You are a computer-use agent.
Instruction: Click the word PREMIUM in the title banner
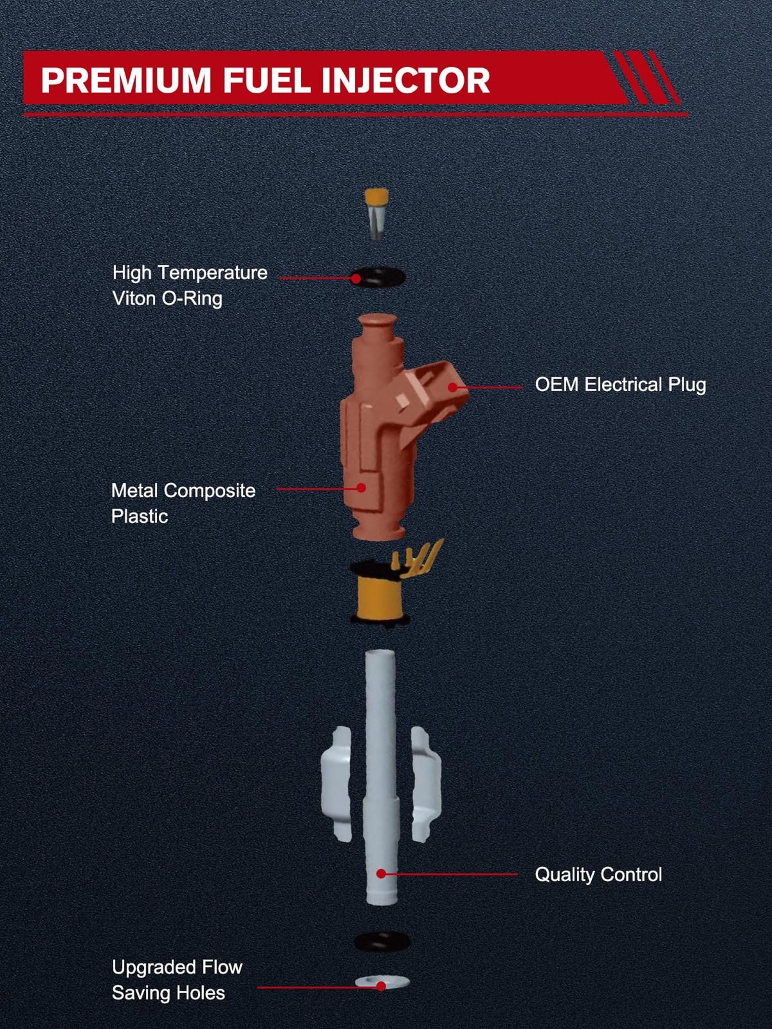point(126,80)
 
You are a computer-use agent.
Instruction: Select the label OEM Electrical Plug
point(620,385)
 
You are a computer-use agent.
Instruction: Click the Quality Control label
point(598,874)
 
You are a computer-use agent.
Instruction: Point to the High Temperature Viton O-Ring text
point(190,286)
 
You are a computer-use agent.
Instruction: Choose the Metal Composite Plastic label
point(183,504)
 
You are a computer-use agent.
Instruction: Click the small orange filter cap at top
point(376,214)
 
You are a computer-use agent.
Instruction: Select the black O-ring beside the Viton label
point(378,277)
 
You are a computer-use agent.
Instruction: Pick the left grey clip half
point(336,783)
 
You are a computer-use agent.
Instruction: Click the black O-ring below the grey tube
point(382,941)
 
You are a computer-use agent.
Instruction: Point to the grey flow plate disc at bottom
point(382,981)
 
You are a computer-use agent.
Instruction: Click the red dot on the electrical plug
point(452,387)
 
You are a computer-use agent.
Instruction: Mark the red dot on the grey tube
point(381,874)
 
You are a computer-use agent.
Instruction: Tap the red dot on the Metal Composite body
point(361,487)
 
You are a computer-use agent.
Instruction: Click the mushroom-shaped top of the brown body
point(378,325)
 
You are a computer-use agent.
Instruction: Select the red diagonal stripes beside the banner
point(647,77)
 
